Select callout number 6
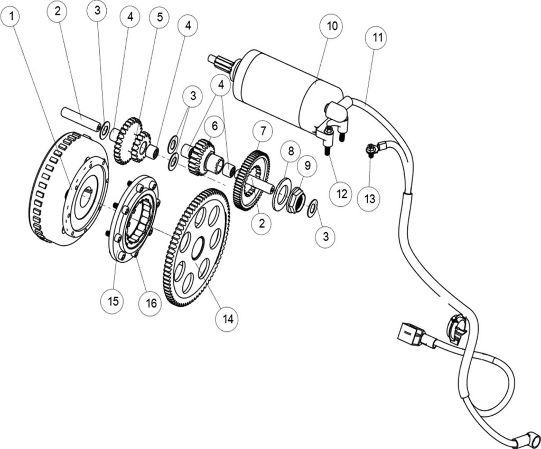tap(214, 126)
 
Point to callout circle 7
tap(263, 130)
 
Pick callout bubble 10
tap(333, 25)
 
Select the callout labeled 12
tap(341, 194)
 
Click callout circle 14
tap(228, 318)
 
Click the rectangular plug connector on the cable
tap(411, 335)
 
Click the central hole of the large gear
tap(198, 247)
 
